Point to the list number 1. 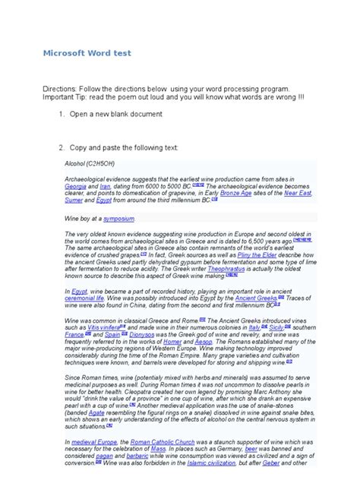point(62,114)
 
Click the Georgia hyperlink point(75,186)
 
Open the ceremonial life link point(84,298)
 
